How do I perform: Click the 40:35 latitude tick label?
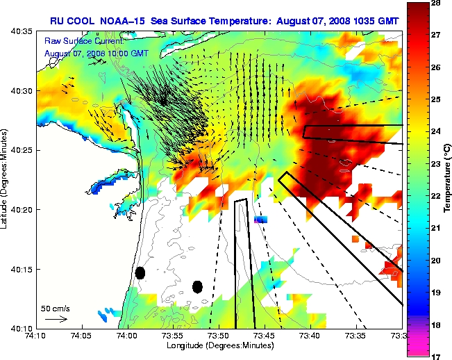(x=24, y=32)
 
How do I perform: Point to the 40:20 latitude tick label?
(x=24, y=210)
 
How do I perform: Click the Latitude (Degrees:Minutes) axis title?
(x=6, y=179)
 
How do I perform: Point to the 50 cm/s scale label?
(x=55, y=308)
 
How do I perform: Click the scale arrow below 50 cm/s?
(x=56, y=319)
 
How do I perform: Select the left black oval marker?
(x=140, y=273)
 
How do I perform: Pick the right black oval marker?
(x=197, y=286)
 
